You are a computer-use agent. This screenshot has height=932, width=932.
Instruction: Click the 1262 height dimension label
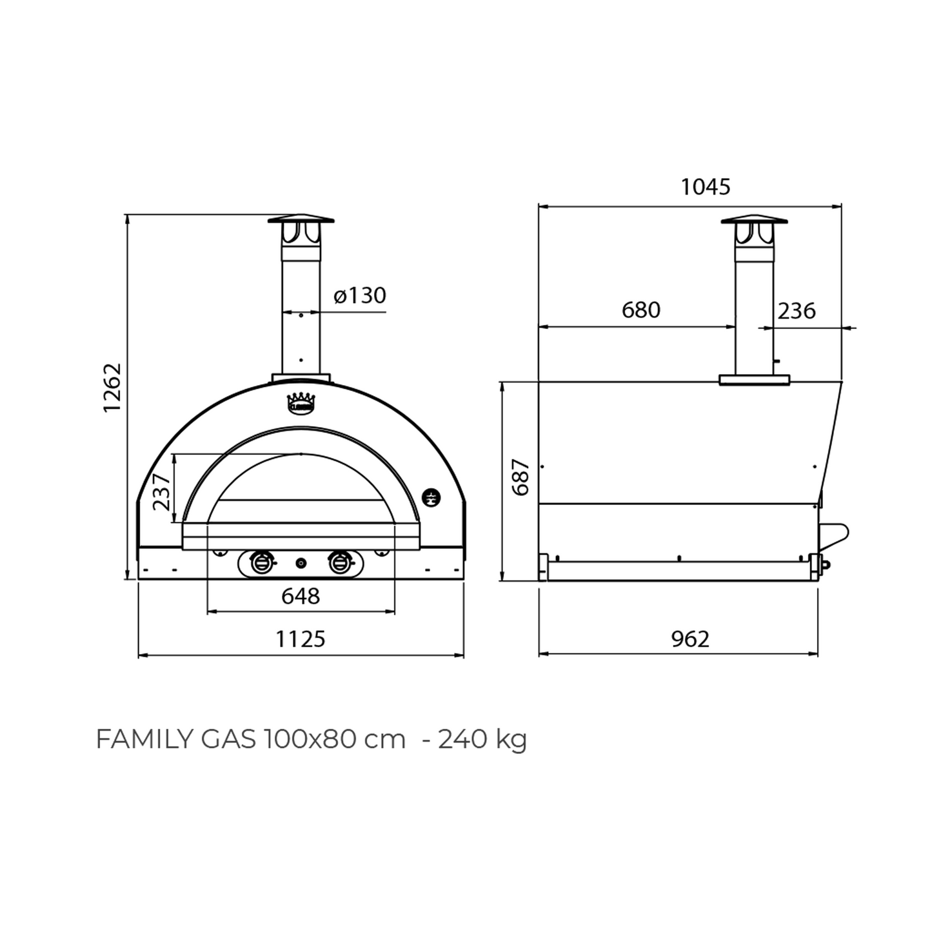(x=112, y=388)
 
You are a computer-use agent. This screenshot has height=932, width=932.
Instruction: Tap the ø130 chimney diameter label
(x=360, y=295)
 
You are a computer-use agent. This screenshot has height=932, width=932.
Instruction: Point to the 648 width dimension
(x=301, y=596)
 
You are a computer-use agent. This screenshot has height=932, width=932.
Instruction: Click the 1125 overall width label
(x=301, y=639)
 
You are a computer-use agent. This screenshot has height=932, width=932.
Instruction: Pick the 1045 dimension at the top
(x=706, y=187)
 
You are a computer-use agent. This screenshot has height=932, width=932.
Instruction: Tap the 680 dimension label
(x=640, y=310)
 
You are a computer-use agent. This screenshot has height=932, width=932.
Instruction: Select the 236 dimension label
(x=796, y=311)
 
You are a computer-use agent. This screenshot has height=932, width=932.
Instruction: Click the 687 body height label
(x=520, y=477)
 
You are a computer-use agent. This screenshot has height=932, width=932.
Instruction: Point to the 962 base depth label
(x=690, y=639)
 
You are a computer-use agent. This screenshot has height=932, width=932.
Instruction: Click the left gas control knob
(x=261, y=562)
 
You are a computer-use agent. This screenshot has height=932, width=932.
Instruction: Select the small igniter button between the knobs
(x=301, y=563)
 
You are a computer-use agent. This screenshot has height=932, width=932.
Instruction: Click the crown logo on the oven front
(x=301, y=403)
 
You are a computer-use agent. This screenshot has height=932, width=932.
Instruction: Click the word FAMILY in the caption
(x=143, y=739)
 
